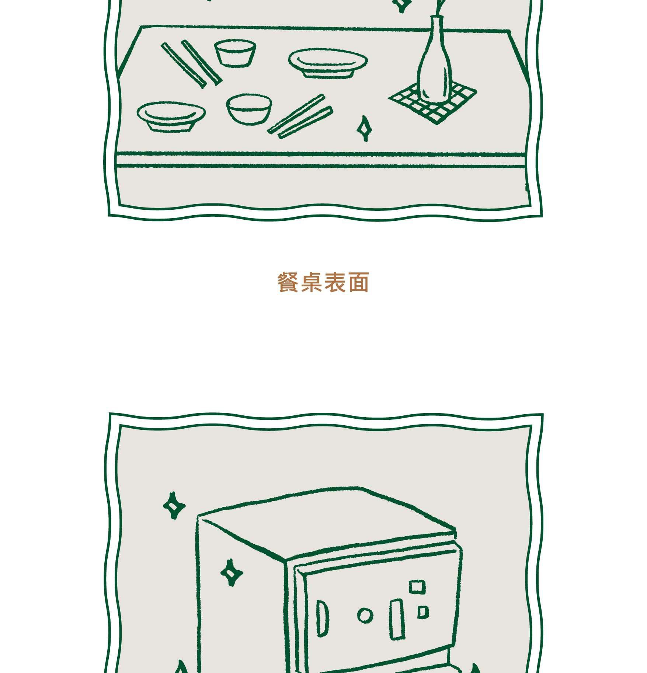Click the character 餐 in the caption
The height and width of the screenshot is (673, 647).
[288, 283]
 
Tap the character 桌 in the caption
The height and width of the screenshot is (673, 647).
[312, 283]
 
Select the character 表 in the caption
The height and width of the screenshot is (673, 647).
[335, 283]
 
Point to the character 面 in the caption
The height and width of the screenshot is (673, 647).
[358, 283]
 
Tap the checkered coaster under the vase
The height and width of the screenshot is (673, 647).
[432, 104]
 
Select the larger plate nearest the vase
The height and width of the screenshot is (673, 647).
[328, 63]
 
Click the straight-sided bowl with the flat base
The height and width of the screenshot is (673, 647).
[235, 53]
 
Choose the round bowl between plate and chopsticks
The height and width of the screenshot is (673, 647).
[249, 109]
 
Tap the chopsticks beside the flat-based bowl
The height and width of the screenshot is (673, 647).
[191, 64]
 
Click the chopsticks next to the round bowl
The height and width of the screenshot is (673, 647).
[300, 116]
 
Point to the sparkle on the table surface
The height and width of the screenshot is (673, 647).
[364, 128]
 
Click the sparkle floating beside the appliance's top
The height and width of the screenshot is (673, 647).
[174, 505]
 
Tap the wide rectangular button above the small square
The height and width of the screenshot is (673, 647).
[417, 586]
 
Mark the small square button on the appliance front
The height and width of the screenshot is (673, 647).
[423, 612]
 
